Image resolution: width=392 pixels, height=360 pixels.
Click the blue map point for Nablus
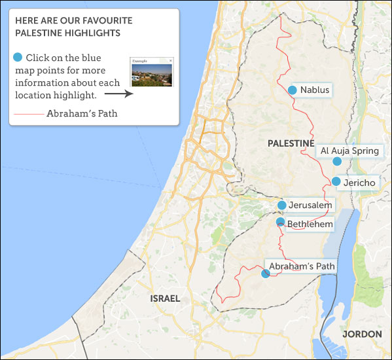[x=293, y=90]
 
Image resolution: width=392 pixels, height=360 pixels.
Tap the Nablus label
[x=314, y=90]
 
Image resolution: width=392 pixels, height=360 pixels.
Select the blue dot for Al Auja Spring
[x=336, y=161]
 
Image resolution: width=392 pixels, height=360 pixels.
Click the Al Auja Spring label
[x=349, y=151]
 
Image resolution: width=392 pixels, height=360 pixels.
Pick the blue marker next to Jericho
[x=336, y=181]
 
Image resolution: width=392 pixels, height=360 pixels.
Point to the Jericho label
[x=359, y=183]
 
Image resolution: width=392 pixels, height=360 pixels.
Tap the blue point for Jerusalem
[x=281, y=206]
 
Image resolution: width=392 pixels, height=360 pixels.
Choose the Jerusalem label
[x=310, y=206]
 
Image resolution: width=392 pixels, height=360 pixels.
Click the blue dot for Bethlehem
[x=280, y=223]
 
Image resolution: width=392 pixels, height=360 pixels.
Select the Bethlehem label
[x=310, y=225]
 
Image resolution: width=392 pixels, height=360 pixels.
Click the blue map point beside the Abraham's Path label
[x=265, y=274]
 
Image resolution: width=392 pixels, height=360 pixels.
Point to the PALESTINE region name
[x=291, y=143]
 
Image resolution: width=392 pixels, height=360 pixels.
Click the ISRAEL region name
[x=165, y=298]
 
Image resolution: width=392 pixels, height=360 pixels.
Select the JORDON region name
[x=362, y=334]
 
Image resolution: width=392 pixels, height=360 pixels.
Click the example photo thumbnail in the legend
[x=152, y=73]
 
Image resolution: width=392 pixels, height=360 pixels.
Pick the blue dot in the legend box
[x=18, y=58]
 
